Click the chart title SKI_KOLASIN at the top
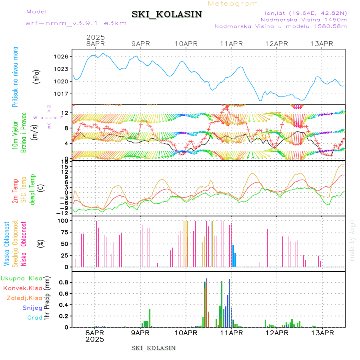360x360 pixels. pyautogui.click(x=167, y=14)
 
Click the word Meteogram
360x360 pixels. pyautogui.click(x=233, y=4)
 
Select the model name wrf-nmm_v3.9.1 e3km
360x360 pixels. pyautogui.click(x=76, y=23)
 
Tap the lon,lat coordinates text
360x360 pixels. pyautogui.click(x=303, y=13)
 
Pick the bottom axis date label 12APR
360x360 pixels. pyautogui.click(x=276, y=333)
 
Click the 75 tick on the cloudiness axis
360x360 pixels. pyautogui.click(x=63, y=232)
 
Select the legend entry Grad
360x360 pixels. pyautogui.click(x=34, y=318)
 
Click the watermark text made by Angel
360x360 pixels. pyautogui.click(x=352, y=240)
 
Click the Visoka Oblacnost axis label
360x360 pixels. pyautogui.click(x=7, y=244)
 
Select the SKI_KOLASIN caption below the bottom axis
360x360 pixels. pyautogui.click(x=153, y=348)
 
